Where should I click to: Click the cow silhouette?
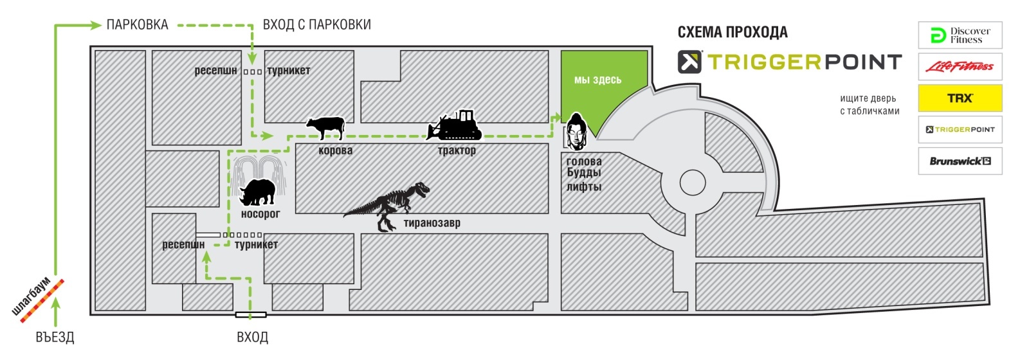point(325,128)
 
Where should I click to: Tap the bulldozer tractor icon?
point(454,125)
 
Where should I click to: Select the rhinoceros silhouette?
point(258,192)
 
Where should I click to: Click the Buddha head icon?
point(576,132)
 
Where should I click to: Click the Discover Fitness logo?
point(960,35)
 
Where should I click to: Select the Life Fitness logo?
point(960,67)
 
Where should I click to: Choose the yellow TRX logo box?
point(960,98)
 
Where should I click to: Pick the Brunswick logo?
point(960,161)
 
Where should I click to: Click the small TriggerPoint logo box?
point(960,129)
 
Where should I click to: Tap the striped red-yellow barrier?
point(42,301)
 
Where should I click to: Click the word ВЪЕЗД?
point(55,337)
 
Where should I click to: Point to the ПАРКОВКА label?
point(138,24)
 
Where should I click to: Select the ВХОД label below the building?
point(253,337)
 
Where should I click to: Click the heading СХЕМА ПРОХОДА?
point(733,32)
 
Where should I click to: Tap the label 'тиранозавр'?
point(432,223)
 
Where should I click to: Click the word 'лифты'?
point(584,186)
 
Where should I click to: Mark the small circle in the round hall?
point(692,183)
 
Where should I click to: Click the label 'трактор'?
point(457,150)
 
